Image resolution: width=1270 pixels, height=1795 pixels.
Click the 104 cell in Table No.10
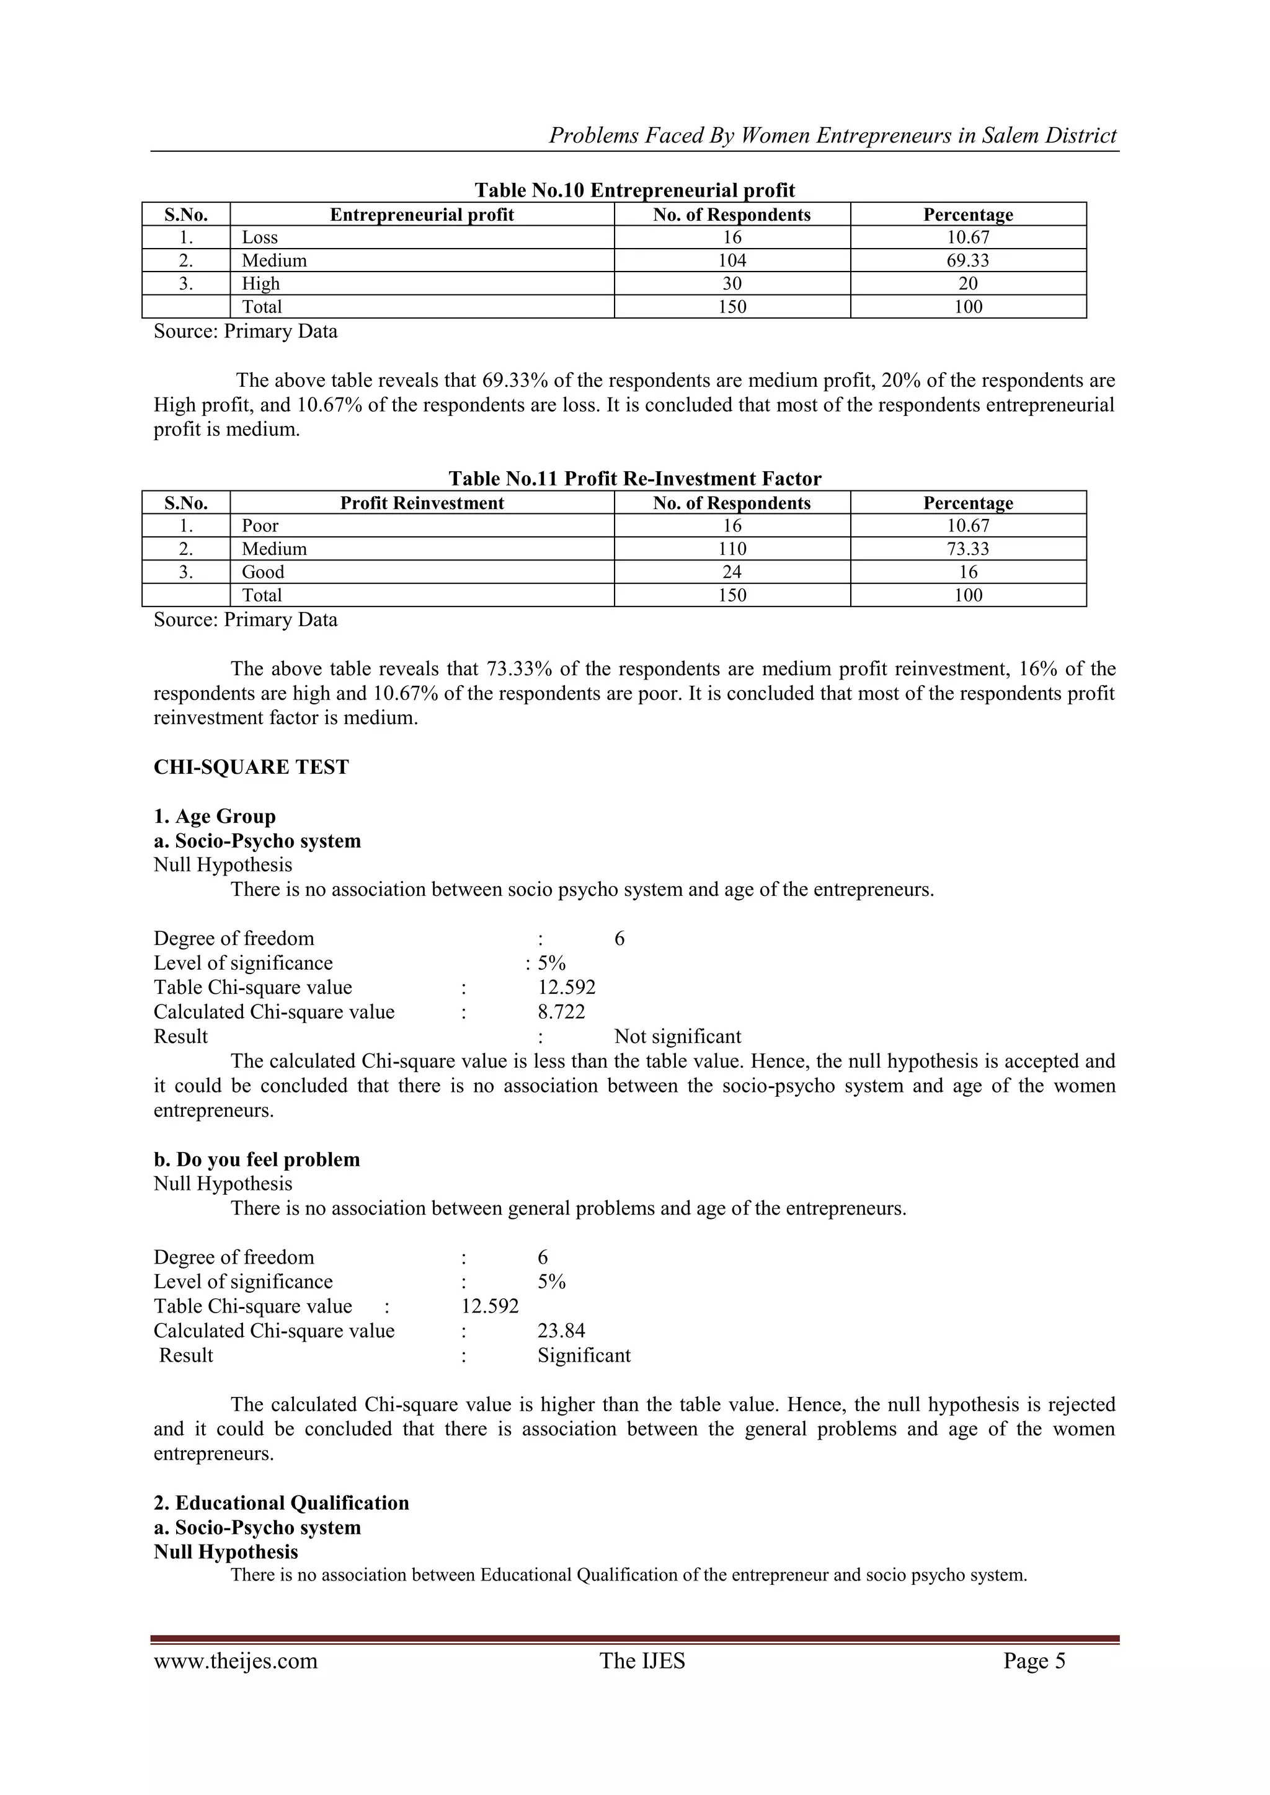[732, 260]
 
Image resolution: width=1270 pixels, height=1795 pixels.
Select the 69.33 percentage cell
[967, 260]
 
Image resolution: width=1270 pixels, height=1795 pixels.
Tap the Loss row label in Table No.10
[260, 237]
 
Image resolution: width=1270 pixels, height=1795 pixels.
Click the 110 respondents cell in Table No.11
[732, 549]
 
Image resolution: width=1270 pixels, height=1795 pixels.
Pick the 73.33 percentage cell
[967, 549]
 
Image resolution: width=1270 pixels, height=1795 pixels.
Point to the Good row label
[263, 572]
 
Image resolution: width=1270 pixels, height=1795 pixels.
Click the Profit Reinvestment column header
[422, 503]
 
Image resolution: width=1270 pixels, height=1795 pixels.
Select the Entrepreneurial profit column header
[422, 215]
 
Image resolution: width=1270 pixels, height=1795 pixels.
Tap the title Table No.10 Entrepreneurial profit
[634, 190]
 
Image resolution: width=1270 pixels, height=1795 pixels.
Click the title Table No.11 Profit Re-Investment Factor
[634, 479]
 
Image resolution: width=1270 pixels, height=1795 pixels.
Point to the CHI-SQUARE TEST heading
[251, 767]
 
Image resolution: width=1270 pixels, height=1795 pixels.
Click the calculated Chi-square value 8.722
[561, 1012]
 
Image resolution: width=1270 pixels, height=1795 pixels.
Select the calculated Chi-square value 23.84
[561, 1331]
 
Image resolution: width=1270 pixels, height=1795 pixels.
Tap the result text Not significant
[677, 1037]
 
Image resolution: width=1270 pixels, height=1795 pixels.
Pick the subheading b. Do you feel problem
[257, 1159]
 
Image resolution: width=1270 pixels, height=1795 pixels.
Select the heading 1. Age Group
[215, 816]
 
